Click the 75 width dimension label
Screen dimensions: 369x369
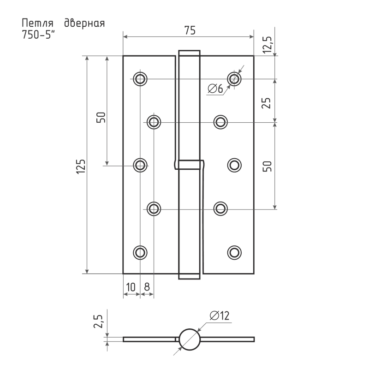[190, 30]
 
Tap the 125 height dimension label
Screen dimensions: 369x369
[81, 167]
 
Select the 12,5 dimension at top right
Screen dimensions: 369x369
[268, 45]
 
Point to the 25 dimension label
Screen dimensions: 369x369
[267, 103]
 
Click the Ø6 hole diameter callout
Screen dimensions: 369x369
[215, 89]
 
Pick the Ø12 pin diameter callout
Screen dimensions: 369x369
[220, 315]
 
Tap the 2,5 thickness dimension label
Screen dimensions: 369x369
[98, 321]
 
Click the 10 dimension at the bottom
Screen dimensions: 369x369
[131, 287]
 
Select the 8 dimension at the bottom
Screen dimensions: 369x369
[147, 287]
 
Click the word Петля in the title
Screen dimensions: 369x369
[37, 24]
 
